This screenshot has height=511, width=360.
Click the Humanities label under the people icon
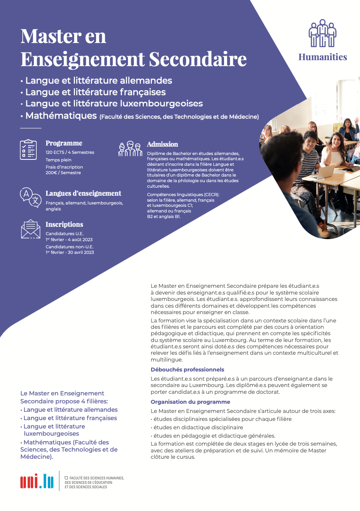click(323, 57)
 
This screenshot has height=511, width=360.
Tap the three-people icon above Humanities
click(323, 33)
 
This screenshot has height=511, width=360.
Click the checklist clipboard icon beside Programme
click(28, 149)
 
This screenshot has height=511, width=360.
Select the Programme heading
click(64, 143)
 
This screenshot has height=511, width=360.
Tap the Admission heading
click(162, 144)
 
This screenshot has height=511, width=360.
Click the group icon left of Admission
click(130, 149)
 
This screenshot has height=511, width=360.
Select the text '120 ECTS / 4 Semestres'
click(70, 152)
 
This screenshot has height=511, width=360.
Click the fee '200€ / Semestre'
click(63, 173)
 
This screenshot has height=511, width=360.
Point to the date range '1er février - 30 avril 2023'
click(70, 252)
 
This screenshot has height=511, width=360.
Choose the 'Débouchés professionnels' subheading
click(187, 369)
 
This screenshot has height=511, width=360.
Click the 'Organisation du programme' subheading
click(190, 402)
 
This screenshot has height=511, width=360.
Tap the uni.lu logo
click(37, 481)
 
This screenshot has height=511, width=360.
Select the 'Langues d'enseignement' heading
click(83, 193)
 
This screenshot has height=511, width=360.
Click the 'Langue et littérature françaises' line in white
click(95, 92)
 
